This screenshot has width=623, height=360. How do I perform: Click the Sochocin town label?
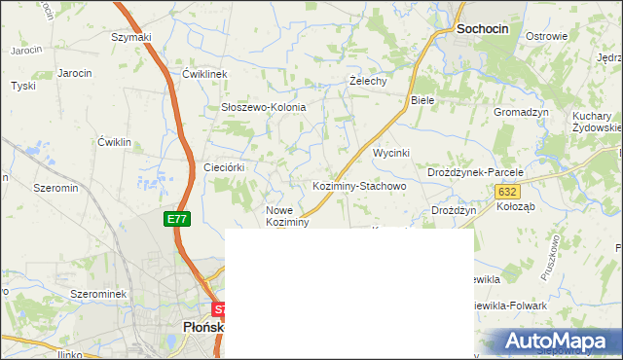pos(483,30)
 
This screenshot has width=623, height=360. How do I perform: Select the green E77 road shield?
pos(175,219)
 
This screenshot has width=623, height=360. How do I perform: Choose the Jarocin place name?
pos(75,73)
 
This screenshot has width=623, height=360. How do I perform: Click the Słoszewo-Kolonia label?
pos(263,107)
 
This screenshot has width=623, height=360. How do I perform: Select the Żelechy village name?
pos(369,82)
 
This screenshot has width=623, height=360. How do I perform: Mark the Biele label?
pos(421,100)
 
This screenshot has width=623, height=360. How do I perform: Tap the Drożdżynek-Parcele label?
pos(476,172)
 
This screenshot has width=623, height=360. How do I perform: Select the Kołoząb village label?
pos(517,206)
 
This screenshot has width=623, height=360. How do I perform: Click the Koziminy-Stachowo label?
pos(358,185)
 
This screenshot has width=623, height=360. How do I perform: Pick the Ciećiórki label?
pos(223,167)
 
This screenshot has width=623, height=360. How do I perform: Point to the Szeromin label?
pos(55,187)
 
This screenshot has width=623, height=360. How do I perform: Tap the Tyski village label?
pos(22,86)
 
